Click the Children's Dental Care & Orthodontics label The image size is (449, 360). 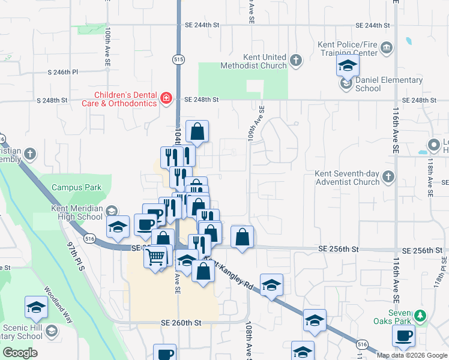pyautogui.click(x=125, y=99)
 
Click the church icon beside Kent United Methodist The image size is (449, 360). pyautogui.click(x=295, y=60)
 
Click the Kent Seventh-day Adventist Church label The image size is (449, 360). pyautogui.click(x=348, y=178)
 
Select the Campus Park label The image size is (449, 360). pyautogui.click(x=76, y=187)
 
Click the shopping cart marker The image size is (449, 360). pyautogui.click(x=155, y=257)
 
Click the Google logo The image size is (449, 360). pyautogui.click(x=20, y=353)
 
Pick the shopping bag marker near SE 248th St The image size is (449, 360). pyautogui.click(x=197, y=130)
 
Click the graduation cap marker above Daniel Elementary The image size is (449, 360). pyautogui.click(x=346, y=65)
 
